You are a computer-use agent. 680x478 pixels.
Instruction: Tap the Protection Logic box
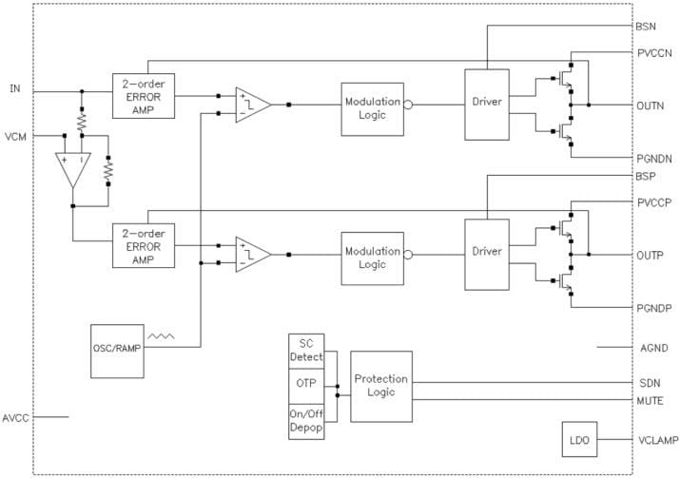(380, 386)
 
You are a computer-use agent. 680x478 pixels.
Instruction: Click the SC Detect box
(305, 349)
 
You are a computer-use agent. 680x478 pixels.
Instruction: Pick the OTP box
(305, 386)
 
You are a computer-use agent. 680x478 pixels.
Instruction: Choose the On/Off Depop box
(305, 422)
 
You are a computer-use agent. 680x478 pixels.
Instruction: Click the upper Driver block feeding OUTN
(486, 102)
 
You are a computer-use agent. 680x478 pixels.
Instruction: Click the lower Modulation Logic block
(372, 258)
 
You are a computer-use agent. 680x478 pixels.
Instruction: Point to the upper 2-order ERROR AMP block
(144, 95)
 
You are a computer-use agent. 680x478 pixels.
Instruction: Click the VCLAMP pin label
(655, 441)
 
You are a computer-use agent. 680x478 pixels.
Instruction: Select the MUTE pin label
(650, 401)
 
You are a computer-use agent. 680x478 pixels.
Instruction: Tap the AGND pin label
(651, 348)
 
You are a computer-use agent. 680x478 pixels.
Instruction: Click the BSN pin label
(646, 27)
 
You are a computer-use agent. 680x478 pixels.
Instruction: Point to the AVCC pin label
(16, 417)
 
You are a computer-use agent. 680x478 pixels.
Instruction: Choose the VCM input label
(15, 136)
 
